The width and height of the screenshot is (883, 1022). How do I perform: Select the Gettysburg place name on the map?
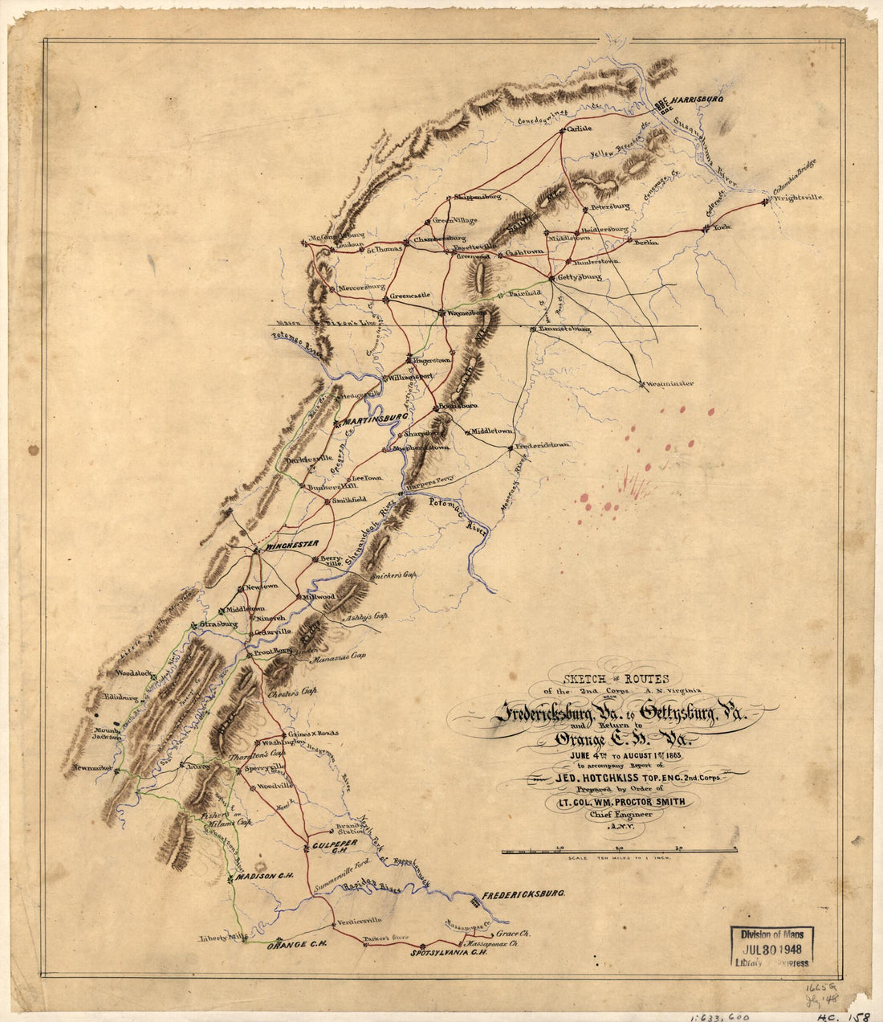point(578,277)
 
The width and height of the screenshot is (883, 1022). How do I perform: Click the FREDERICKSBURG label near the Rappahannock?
point(523,893)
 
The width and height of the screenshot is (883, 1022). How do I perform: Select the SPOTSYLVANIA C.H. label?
point(450,954)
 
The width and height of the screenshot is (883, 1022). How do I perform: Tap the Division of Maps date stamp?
point(771,946)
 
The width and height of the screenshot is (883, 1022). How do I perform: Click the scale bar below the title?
point(619,850)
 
